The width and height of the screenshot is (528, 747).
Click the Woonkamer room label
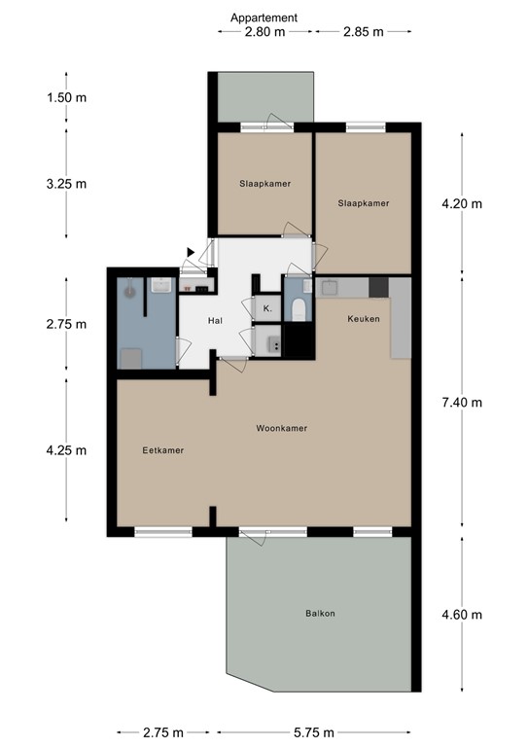[282, 428]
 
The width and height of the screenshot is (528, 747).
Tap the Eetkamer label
[162, 450]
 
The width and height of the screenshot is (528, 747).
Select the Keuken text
[363, 318]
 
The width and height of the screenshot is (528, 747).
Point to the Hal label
[217, 321]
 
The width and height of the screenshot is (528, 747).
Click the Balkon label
[320, 614]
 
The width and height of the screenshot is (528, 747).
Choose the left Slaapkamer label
[264, 183]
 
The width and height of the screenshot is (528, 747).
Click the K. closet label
[266, 309]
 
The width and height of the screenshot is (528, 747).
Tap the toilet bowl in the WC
[298, 310]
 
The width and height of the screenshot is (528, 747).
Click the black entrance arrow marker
[191, 253]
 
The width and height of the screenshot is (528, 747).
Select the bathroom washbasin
[161, 285]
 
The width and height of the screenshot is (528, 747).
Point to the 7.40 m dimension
[462, 403]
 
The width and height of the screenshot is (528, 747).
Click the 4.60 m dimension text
[462, 614]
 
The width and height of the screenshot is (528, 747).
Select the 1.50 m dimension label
[66, 97]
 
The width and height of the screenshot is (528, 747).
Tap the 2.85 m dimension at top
[363, 31]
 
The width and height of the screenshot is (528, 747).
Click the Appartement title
[264, 17]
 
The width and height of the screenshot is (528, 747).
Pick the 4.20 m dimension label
[462, 204]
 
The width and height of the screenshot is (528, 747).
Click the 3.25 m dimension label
[66, 183]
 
